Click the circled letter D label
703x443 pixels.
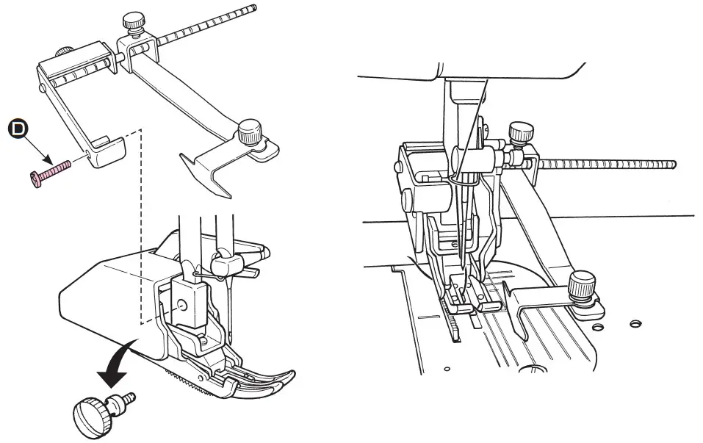[x=15, y=129]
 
